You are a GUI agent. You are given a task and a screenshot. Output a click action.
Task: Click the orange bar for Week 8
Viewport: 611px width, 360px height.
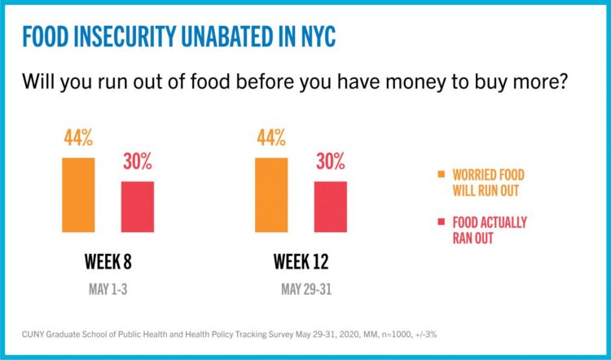pyautogui.click(x=78, y=195)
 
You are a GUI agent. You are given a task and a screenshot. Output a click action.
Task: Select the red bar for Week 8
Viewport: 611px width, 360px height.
pyautogui.click(x=138, y=207)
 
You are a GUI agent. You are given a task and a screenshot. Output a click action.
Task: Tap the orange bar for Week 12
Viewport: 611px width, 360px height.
pyautogui.click(x=271, y=195)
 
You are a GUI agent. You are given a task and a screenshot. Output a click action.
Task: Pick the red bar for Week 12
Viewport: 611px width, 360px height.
pyautogui.click(x=330, y=207)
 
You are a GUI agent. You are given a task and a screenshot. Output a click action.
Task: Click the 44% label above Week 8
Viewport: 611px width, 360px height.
pyautogui.click(x=78, y=138)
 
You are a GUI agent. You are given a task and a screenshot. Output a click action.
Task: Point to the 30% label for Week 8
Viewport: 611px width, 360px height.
pyautogui.click(x=138, y=161)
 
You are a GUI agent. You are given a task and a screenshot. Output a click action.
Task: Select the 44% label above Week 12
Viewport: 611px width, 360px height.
pyautogui.click(x=271, y=138)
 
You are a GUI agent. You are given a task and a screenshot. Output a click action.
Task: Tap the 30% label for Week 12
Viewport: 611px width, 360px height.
pyautogui.click(x=330, y=161)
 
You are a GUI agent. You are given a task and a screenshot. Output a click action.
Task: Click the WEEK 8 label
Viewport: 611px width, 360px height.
pyautogui.click(x=108, y=262)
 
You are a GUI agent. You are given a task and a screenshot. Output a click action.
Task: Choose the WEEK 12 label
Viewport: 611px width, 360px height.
pyautogui.click(x=301, y=262)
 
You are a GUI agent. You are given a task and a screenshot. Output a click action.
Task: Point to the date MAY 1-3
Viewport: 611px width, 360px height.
pyautogui.click(x=108, y=289)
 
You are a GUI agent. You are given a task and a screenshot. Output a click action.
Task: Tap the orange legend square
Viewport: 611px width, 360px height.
pyautogui.click(x=442, y=174)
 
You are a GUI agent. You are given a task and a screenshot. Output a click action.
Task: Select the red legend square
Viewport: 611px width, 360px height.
pyautogui.click(x=442, y=222)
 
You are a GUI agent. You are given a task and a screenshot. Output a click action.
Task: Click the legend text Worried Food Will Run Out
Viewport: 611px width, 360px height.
pyautogui.click(x=490, y=182)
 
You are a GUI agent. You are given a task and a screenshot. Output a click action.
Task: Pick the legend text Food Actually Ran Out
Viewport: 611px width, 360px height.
pyautogui.click(x=490, y=230)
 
